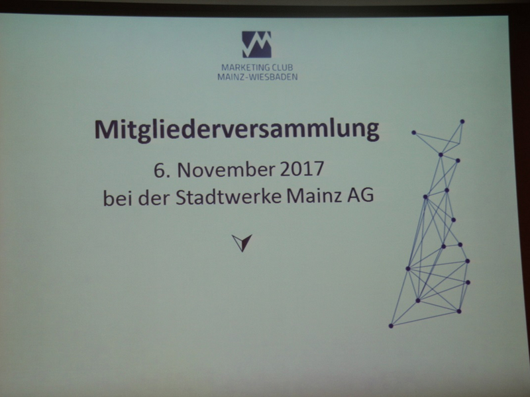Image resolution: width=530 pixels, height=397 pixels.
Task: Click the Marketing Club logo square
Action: (256, 44)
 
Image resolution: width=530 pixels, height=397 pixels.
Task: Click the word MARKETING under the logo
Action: (245, 67)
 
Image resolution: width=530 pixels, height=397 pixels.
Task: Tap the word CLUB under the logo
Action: (283, 67)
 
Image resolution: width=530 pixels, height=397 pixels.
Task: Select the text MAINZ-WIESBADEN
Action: (257, 77)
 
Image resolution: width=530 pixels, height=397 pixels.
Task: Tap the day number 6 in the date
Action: (158, 170)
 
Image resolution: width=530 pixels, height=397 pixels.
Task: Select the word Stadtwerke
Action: (229, 197)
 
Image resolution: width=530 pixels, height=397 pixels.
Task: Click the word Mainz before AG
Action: (314, 196)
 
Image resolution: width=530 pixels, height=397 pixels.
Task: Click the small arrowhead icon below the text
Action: (242, 243)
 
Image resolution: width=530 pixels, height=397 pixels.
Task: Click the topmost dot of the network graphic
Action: (462, 122)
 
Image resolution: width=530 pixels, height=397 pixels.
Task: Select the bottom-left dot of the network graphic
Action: (391, 326)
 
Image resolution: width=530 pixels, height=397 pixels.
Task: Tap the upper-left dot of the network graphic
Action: (413, 133)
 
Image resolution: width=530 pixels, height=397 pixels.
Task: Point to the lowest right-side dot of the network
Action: (458, 311)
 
